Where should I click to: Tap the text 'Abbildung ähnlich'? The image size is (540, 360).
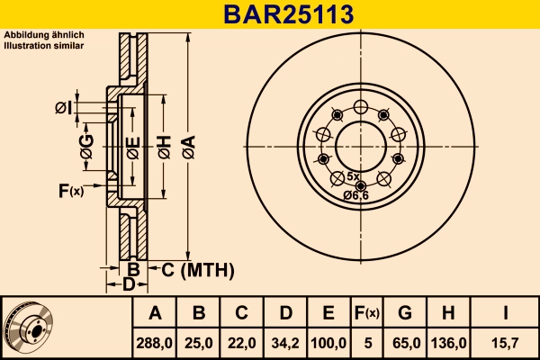(x=44, y=35)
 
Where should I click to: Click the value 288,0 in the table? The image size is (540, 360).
(x=155, y=343)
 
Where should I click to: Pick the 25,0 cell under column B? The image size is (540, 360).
(x=199, y=343)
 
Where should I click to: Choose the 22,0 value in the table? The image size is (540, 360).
(x=241, y=343)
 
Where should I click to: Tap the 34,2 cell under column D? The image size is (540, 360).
(x=284, y=343)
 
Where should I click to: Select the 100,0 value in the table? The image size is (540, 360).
(x=328, y=343)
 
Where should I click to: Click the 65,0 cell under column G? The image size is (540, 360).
(x=405, y=343)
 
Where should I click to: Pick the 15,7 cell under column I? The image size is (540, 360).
(x=507, y=343)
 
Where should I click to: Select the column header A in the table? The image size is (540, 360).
(x=155, y=314)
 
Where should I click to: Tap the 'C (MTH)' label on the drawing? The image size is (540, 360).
(x=197, y=269)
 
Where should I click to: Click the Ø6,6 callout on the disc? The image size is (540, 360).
(x=356, y=195)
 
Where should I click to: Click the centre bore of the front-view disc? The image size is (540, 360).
(x=361, y=144)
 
